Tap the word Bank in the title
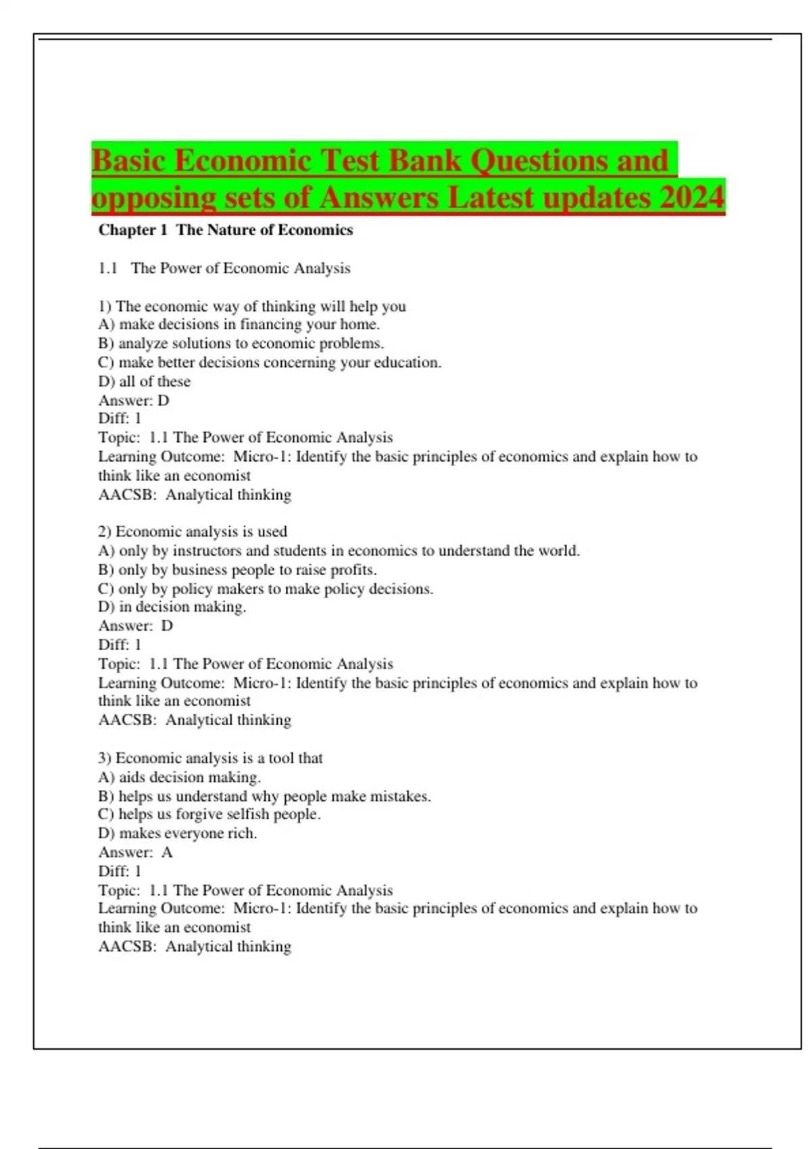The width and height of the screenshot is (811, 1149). [x=425, y=161]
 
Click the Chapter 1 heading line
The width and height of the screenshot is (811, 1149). [x=226, y=230]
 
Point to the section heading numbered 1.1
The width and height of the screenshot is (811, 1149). [x=224, y=268]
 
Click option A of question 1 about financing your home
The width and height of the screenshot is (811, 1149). [x=239, y=324]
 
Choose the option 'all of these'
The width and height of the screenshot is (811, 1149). [x=144, y=381]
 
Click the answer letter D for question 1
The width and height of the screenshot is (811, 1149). [x=163, y=400]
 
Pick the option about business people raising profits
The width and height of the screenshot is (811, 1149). [x=237, y=570]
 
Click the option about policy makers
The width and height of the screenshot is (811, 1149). [x=266, y=589]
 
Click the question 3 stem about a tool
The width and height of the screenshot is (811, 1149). [x=210, y=758]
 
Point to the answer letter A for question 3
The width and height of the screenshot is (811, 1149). [x=167, y=852]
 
